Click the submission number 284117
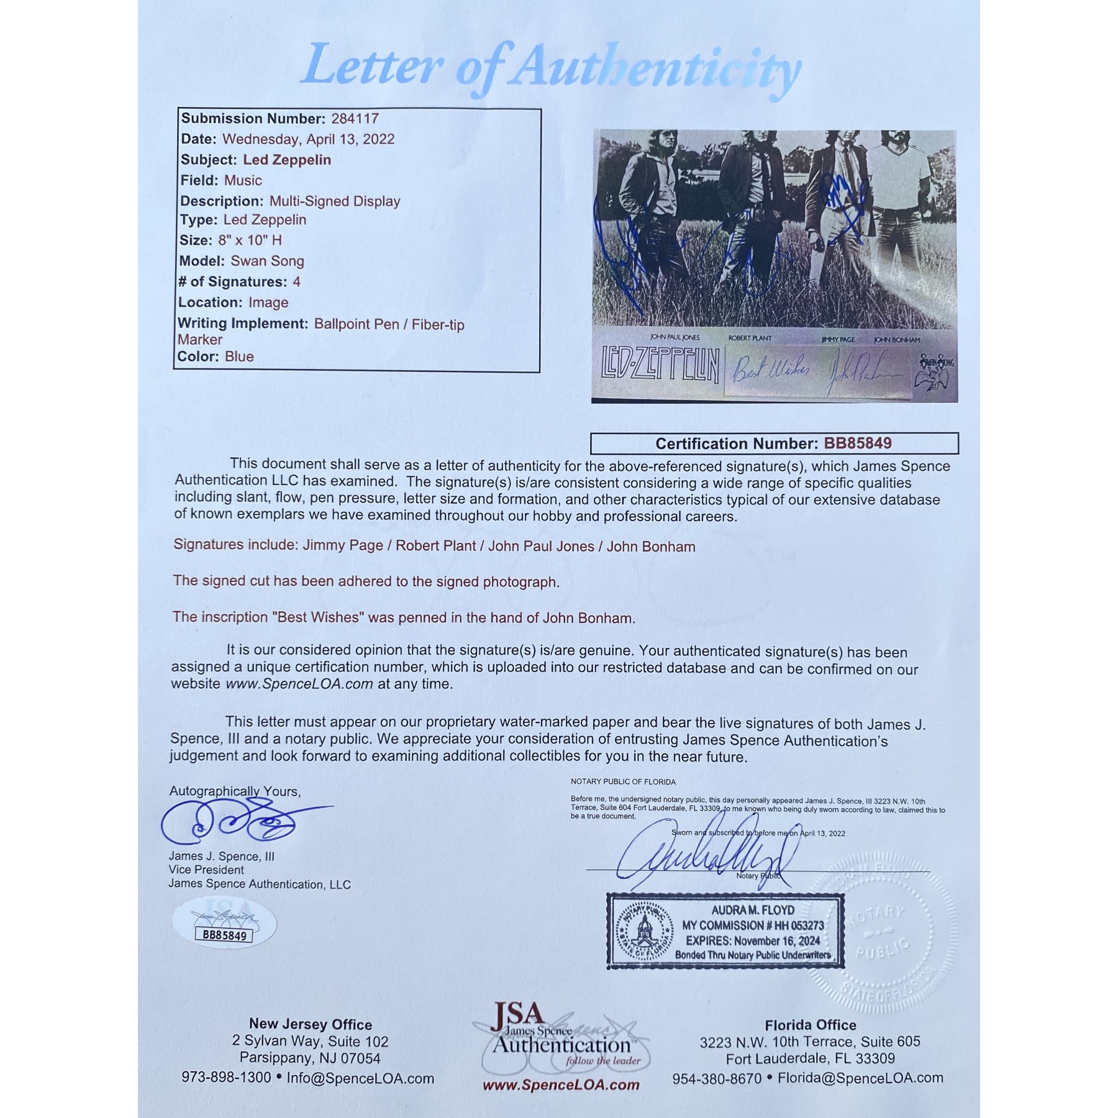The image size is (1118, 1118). (x=355, y=119)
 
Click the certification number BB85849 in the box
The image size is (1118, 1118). (x=857, y=443)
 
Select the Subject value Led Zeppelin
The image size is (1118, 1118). (x=286, y=160)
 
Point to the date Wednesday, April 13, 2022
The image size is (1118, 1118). (x=308, y=139)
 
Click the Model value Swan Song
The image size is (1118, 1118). (x=267, y=261)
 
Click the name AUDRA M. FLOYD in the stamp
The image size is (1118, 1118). (x=753, y=911)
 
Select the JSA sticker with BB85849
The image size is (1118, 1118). (x=224, y=925)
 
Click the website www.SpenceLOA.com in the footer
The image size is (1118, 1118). (x=561, y=1085)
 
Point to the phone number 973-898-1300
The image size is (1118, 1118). (x=226, y=1078)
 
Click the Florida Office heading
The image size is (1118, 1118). (x=810, y=1025)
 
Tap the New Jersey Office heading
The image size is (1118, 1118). (x=311, y=1024)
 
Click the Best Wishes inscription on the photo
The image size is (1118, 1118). (x=771, y=371)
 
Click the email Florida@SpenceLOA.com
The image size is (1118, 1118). (x=860, y=1078)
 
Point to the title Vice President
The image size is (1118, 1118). (x=206, y=870)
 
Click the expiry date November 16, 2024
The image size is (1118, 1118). (x=779, y=941)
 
